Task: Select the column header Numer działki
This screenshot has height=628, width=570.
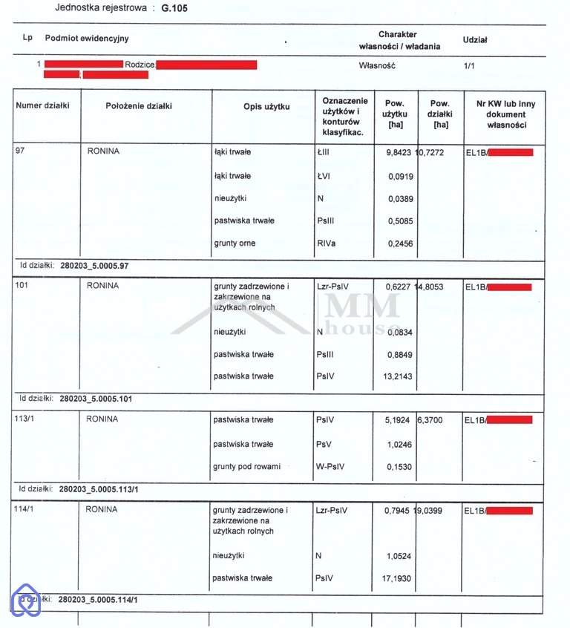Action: [42, 106]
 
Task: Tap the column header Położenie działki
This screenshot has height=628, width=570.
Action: [138, 106]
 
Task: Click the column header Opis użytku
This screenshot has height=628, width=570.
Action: [266, 107]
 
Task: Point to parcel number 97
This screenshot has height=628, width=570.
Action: [20, 151]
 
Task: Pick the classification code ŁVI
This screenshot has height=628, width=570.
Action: [324, 176]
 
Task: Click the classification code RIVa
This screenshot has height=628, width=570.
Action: [326, 243]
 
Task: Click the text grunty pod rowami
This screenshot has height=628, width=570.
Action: [246, 467]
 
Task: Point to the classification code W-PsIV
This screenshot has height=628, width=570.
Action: [331, 467]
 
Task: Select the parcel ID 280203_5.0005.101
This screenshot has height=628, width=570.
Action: [96, 399]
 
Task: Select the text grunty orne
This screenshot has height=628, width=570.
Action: [235, 243]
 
